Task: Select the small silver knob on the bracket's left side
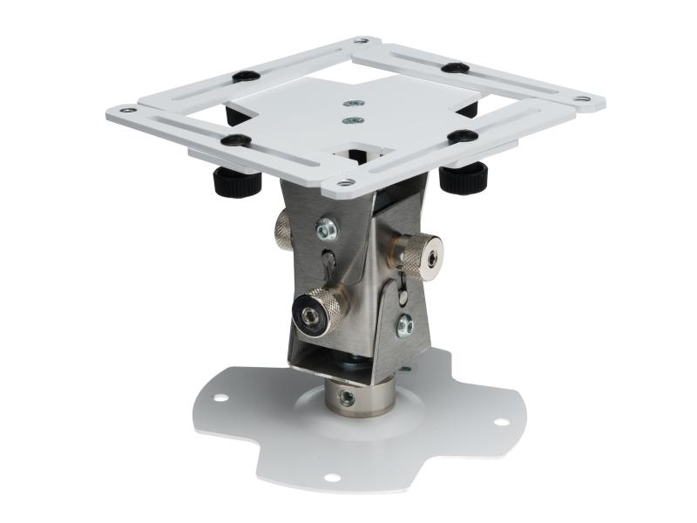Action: coord(284,230)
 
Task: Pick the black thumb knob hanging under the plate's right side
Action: coord(462,180)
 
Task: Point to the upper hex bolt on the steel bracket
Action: coord(328,228)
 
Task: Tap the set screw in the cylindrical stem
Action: coord(347,397)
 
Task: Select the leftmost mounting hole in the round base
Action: coord(220,397)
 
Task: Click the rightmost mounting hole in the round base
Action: coord(501,422)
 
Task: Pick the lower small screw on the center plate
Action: coord(352,120)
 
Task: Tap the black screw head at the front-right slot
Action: coord(462,136)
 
